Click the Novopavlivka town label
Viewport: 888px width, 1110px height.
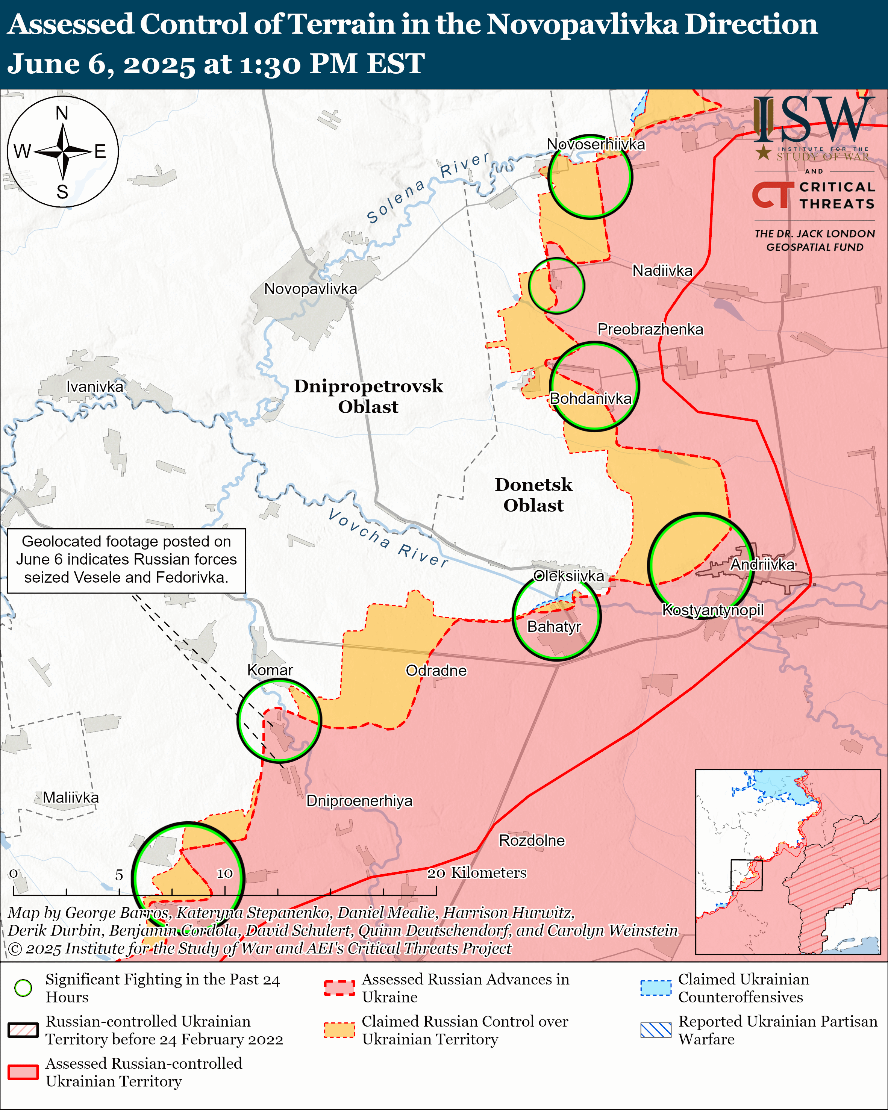(311, 289)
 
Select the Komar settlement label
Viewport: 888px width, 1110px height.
(270, 670)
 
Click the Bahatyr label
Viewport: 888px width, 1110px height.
(554, 627)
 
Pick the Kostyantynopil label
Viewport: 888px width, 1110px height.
(712, 610)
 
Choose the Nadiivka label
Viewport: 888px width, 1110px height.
(662, 270)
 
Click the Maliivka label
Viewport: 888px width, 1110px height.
(71, 798)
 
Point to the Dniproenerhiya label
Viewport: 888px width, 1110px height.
(359, 801)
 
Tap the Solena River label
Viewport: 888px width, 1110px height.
(427, 188)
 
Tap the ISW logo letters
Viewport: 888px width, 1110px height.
(813, 120)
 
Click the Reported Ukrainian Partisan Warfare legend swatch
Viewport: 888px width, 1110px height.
(656, 1030)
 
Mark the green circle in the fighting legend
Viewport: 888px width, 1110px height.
(23, 988)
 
